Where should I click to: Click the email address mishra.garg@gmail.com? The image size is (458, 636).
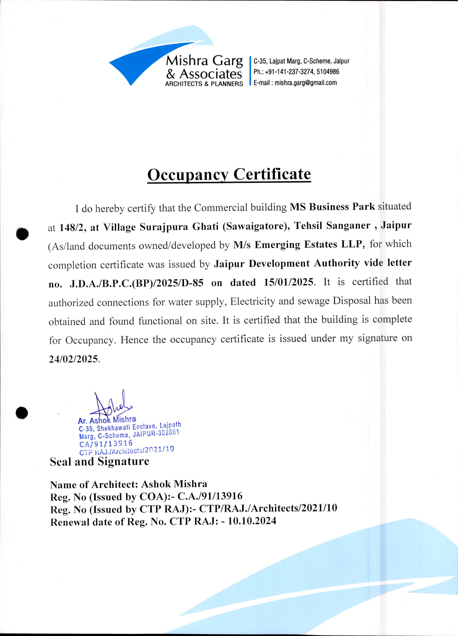(305, 83)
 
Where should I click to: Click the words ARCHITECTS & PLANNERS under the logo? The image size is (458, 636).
(204, 84)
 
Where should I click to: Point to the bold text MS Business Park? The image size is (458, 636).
(332, 207)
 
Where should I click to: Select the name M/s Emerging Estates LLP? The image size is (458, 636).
(299, 245)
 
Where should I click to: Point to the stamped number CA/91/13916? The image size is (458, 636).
(106, 444)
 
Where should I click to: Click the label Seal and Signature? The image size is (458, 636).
(99, 461)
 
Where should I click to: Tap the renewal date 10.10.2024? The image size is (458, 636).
(252, 521)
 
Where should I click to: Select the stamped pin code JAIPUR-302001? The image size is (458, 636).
(156, 434)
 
